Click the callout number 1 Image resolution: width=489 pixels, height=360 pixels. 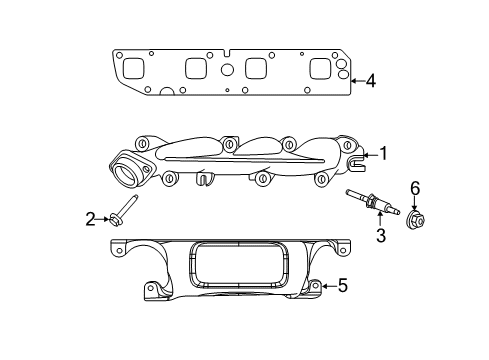380,154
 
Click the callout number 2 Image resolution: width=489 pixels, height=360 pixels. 90,218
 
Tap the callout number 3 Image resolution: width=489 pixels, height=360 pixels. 380,236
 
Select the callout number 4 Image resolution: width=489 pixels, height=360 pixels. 370,80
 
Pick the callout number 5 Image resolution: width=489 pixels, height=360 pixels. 341,286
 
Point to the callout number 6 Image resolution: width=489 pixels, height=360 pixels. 415,187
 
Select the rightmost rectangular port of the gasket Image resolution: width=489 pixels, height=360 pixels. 320,69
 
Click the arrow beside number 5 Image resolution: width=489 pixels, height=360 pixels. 327,286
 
